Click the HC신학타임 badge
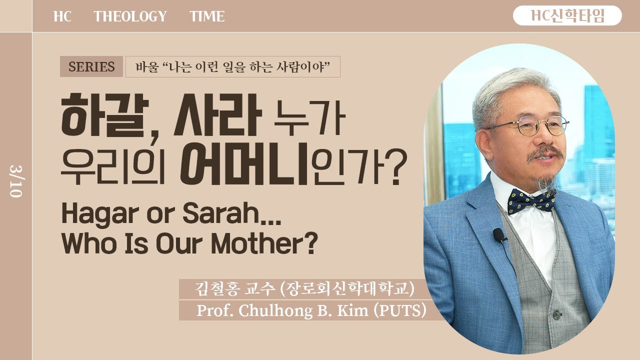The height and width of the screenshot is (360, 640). [x=567, y=16]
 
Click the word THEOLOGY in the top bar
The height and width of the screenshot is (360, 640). [x=130, y=16]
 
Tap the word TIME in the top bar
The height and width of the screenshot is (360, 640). [x=207, y=16]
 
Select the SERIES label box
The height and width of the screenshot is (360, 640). [x=91, y=66]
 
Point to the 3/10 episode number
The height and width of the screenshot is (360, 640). [x=15, y=179]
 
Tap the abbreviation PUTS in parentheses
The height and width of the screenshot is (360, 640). [x=400, y=310]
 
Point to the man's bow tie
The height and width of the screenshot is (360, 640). [x=531, y=200]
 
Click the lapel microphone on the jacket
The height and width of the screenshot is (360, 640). [x=499, y=235]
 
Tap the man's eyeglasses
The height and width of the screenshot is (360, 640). [x=530, y=125]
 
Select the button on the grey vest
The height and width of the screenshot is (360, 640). [x=556, y=315]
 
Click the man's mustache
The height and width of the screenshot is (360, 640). [x=545, y=152]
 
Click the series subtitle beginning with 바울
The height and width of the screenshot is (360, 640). [x=232, y=66]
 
